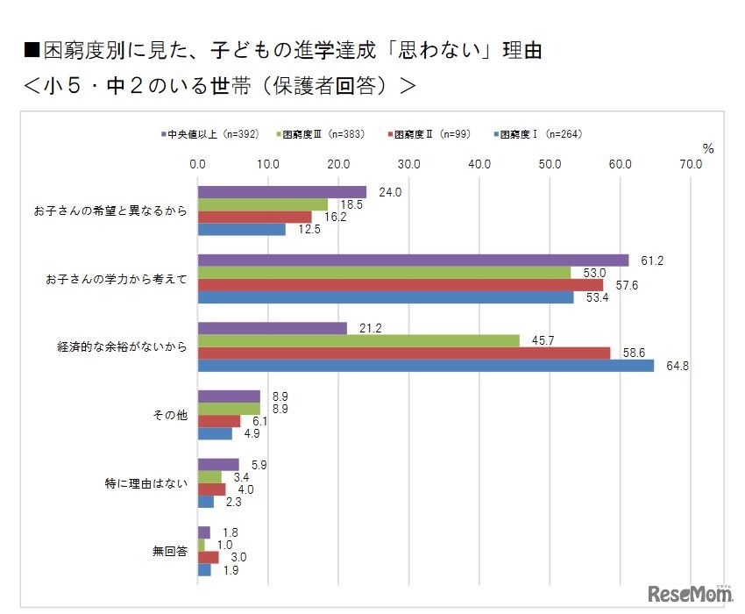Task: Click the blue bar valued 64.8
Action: click(x=426, y=366)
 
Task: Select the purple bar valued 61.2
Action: click(x=414, y=261)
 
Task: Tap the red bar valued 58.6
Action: click(x=404, y=353)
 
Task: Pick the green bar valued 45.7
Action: click(x=358, y=341)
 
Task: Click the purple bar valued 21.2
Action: click(x=273, y=329)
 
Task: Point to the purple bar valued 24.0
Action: click(x=282, y=192)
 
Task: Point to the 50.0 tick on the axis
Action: click(x=550, y=164)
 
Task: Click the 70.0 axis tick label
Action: click(x=691, y=164)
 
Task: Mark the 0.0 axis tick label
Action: click(x=198, y=164)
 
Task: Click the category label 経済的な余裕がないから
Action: click(x=122, y=347)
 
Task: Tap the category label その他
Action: click(x=170, y=415)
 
